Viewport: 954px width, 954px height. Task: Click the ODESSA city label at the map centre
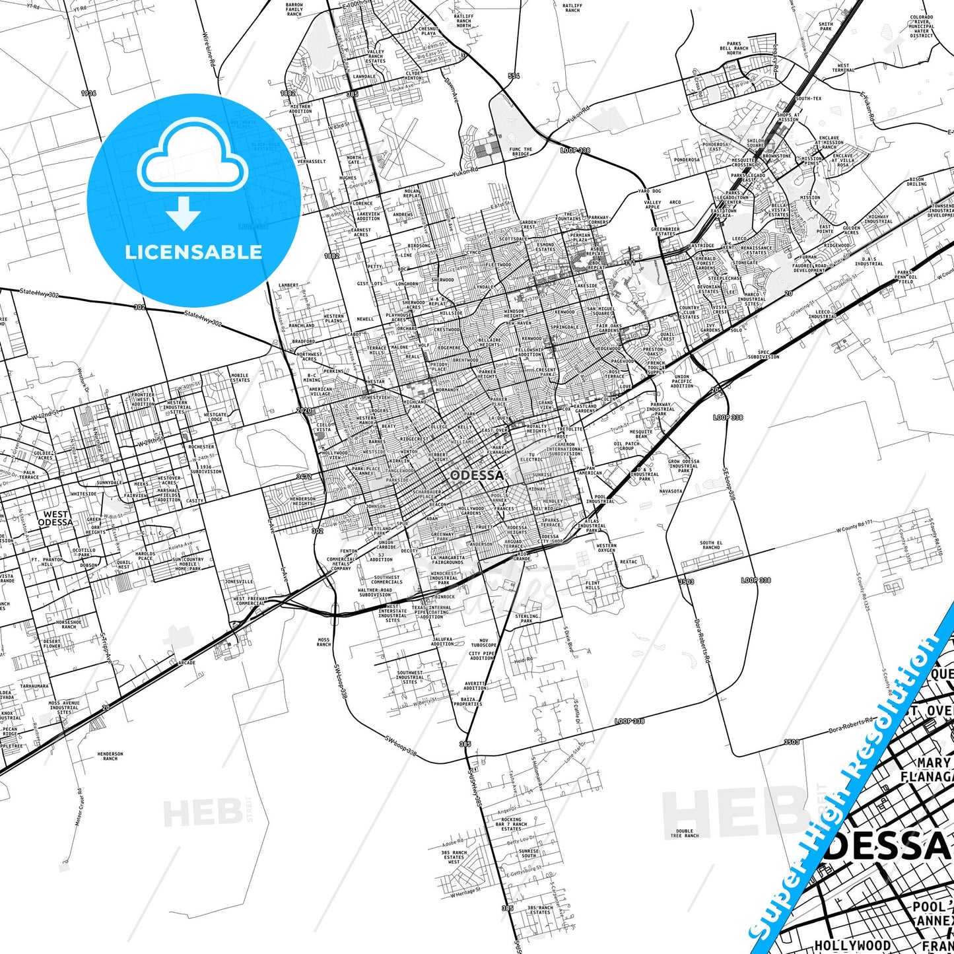point(477,475)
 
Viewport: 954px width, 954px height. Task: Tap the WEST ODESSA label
point(55,518)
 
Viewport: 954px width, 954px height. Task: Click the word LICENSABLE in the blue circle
point(193,252)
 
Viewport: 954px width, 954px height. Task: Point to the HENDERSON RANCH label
point(110,756)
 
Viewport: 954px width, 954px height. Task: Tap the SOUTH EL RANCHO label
point(711,545)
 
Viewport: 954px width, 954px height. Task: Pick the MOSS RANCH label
point(324,642)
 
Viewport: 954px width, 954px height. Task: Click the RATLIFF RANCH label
point(572,8)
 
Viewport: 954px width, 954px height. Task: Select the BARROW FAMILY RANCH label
point(294,9)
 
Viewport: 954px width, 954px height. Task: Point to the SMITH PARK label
point(826,26)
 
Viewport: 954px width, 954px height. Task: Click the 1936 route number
point(88,93)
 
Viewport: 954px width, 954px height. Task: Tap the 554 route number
point(514,76)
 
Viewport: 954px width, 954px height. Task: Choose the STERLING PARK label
point(526,619)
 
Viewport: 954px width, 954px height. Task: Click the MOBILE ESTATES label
point(240,378)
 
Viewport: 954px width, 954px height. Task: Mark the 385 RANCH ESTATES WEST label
point(454,857)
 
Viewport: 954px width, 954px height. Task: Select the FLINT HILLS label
point(593,585)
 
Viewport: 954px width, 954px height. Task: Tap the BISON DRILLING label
point(916,182)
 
